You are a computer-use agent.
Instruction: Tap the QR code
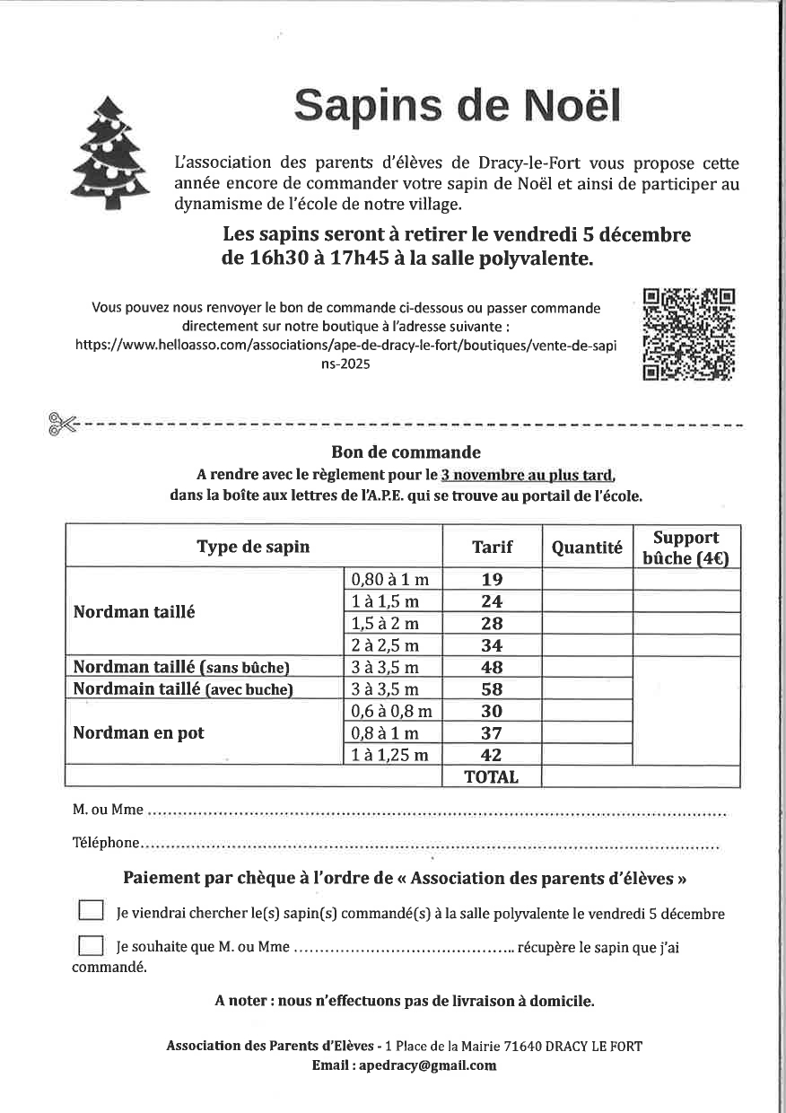689,334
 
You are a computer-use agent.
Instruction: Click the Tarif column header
492,547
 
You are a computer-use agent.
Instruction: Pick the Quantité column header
587,547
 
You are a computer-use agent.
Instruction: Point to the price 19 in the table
492,580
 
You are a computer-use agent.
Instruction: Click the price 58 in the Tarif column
492,689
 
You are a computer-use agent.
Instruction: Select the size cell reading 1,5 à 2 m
385,623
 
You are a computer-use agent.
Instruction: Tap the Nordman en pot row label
139,732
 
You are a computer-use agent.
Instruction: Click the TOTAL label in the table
492,777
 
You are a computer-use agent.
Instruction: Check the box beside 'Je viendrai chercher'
91,911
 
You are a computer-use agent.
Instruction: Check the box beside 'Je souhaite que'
91,946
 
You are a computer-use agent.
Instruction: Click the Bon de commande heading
406,452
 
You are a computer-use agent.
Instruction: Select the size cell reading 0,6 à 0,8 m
392,711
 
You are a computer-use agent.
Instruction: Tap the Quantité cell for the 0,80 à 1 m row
587,580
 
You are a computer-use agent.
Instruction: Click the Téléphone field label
105,843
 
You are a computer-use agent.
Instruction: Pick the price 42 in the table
492,755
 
